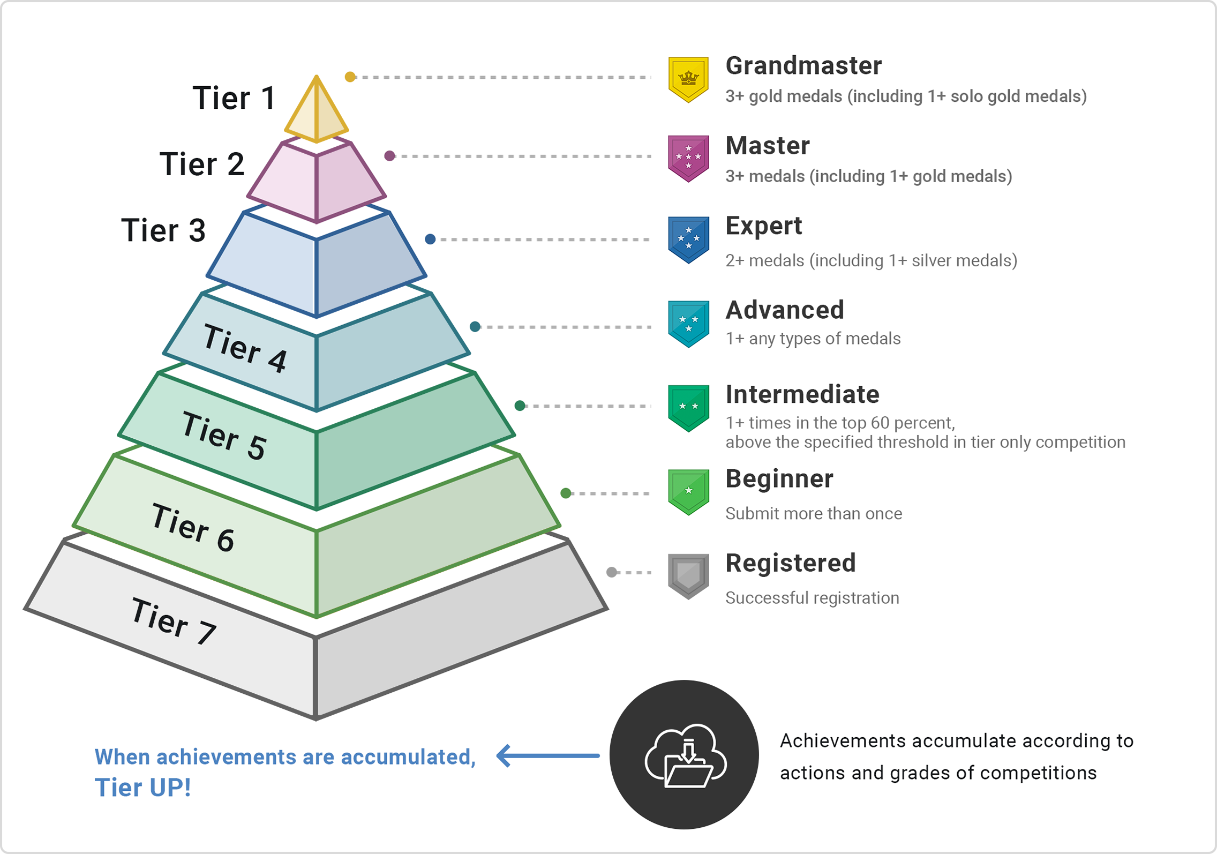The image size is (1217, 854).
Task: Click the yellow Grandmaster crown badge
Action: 688,79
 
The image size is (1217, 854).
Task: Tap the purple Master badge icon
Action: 688,158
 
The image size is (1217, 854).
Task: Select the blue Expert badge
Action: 688,239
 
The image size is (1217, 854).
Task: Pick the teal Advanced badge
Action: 688,324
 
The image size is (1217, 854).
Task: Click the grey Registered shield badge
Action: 688,576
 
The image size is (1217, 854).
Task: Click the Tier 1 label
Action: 234,98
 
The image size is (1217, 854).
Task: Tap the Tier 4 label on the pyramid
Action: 245,349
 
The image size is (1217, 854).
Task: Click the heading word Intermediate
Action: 802,395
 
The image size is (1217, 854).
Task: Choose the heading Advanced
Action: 784,310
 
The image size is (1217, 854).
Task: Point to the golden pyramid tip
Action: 317,110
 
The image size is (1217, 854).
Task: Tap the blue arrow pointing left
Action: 547,756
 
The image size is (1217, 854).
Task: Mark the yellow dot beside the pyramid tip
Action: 350,77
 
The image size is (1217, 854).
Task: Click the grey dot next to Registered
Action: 611,572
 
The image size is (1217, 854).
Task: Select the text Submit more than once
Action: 813,514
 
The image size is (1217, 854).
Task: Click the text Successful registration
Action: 812,598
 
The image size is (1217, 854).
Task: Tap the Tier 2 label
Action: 202,164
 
